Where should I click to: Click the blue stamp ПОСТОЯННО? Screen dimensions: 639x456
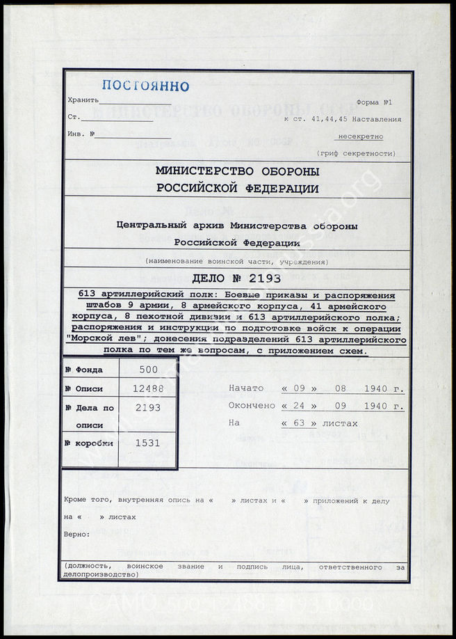pyautogui.click(x=145, y=86)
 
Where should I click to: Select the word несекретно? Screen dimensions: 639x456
pyautogui.click(x=359, y=136)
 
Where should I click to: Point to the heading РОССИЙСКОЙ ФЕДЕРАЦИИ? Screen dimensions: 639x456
pyautogui.click(x=238, y=188)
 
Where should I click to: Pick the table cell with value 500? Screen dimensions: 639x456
pyautogui.click(x=149, y=370)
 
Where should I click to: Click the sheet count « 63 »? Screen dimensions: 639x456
pyautogui.click(x=299, y=423)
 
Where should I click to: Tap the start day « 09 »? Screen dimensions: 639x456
pyautogui.click(x=299, y=388)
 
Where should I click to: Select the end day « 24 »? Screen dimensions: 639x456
pyautogui.click(x=299, y=406)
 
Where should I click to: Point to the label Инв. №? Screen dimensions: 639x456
pyautogui.click(x=81, y=134)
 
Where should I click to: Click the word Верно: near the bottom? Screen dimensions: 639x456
pyautogui.click(x=76, y=534)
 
